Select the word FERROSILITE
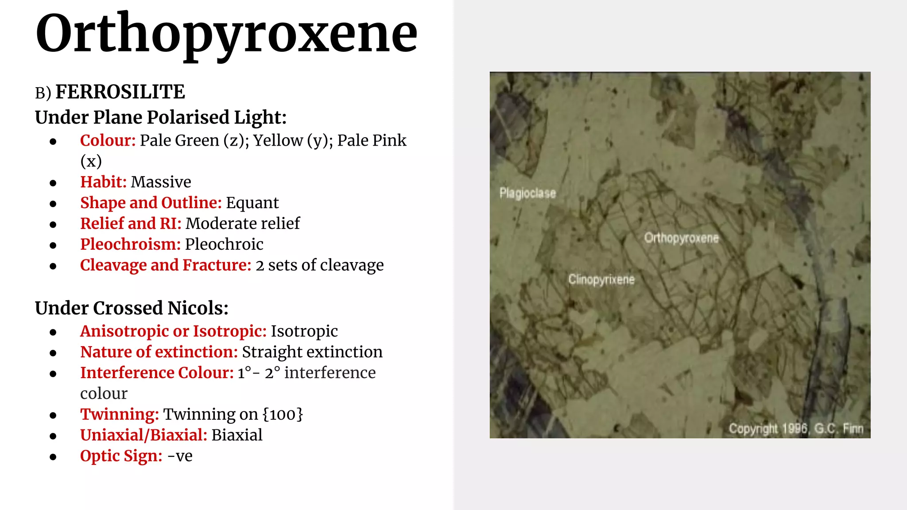[x=120, y=92]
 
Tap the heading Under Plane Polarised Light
[x=161, y=117]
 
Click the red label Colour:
[x=108, y=140]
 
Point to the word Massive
[x=161, y=182]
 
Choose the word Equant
[x=252, y=203]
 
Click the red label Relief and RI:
[x=131, y=224]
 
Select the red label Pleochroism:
[x=130, y=244]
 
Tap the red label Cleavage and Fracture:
[x=166, y=265]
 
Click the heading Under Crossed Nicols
[x=132, y=308]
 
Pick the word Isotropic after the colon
[x=304, y=331]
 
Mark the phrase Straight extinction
[x=312, y=352]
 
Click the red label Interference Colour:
[x=157, y=373]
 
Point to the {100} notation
[x=283, y=414]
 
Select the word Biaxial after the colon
[x=237, y=435]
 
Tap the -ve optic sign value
[x=180, y=456]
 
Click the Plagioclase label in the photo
[x=527, y=193]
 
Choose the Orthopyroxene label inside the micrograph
[x=681, y=238]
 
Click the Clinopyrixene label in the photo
[x=601, y=279]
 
